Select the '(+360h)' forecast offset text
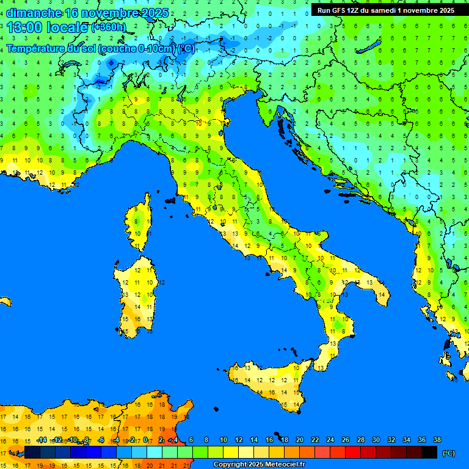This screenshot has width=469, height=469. click(108, 27)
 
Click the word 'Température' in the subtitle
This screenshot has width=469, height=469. click(37, 48)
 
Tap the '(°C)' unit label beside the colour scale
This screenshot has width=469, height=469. click(448, 453)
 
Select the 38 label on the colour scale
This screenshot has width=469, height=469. click(437, 440)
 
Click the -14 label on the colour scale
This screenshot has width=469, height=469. click(42, 440)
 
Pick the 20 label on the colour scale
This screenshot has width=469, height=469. click(300, 440)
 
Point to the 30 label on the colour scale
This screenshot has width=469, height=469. click(376, 440)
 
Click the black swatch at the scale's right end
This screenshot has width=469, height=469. click(429, 452)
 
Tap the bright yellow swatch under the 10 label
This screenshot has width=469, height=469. click(231, 452)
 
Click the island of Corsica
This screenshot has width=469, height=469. click(140, 223)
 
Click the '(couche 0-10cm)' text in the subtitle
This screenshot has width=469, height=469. click(136, 48)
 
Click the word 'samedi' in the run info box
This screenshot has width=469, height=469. click(384, 10)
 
